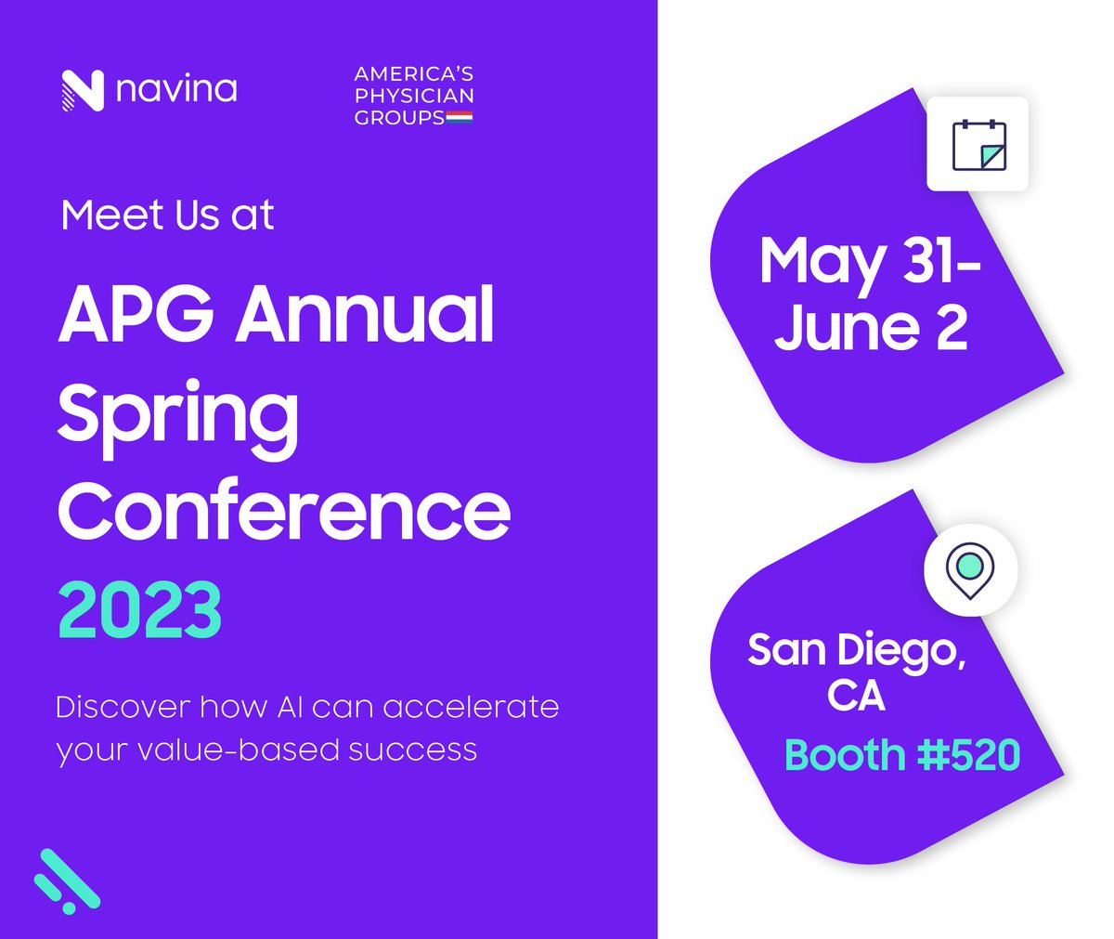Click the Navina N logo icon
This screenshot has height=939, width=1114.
(x=82, y=91)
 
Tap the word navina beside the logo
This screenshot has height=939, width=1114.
(x=176, y=90)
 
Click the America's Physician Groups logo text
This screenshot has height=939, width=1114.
(x=414, y=95)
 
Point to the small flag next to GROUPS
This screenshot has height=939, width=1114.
(x=460, y=118)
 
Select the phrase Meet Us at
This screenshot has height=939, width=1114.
(x=167, y=215)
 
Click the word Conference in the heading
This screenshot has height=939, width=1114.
(x=284, y=510)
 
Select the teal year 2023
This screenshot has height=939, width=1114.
(x=140, y=610)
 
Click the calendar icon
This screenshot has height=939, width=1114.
(x=978, y=144)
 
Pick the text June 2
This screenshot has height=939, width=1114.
(x=871, y=328)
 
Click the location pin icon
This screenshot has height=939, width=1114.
(x=970, y=567)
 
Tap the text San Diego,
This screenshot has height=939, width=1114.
(x=856, y=649)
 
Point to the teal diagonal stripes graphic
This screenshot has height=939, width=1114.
(x=67, y=880)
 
